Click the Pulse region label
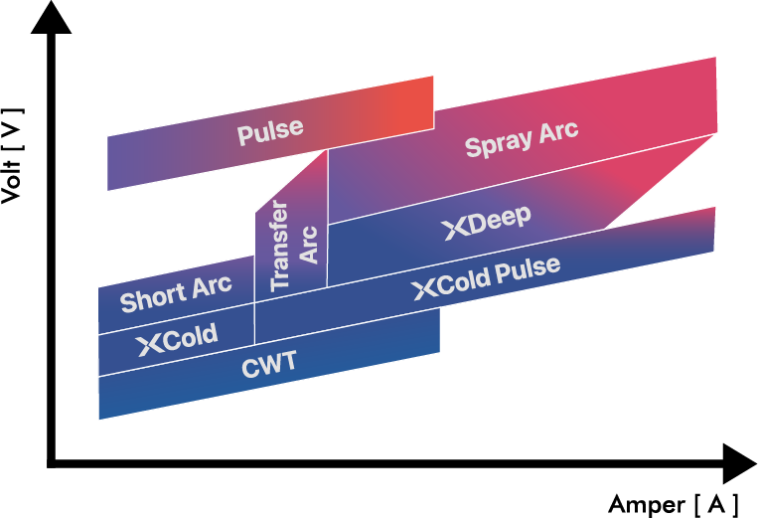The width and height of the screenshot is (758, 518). (x=270, y=130)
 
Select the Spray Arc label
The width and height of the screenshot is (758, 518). (x=521, y=141)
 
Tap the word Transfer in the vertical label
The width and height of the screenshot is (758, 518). (x=280, y=246)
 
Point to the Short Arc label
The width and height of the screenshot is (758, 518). (x=176, y=293)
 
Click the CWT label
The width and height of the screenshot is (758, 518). (x=269, y=364)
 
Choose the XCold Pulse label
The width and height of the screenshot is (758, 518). (x=487, y=278)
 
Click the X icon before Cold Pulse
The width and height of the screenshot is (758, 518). (x=424, y=289)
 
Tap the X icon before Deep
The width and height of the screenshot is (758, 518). (x=454, y=230)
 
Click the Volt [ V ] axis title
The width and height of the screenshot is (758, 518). (x=13, y=150)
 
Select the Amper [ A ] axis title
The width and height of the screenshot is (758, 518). (x=674, y=503)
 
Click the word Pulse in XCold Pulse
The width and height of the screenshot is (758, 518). (x=530, y=270)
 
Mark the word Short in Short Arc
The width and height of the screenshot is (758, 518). (x=152, y=297)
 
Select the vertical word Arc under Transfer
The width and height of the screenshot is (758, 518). (x=309, y=245)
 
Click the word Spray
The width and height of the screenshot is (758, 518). (x=499, y=145)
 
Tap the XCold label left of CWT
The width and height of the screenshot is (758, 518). (x=178, y=339)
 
